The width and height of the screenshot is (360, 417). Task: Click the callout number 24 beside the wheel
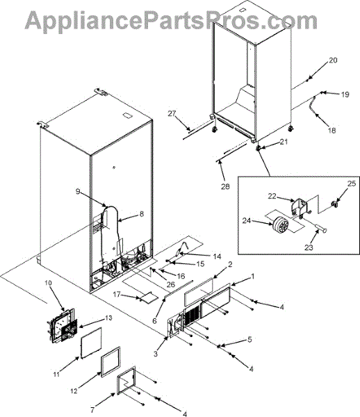pos(246,220)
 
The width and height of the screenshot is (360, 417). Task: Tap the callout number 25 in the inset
pos(352,183)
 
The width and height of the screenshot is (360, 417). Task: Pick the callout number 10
pos(48,283)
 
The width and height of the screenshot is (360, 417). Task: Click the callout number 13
pos(108,318)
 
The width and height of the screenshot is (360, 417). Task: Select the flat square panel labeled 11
pos(91,343)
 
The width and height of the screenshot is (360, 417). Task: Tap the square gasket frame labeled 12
pos(111,362)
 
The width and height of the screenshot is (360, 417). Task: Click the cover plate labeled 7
pos(126,381)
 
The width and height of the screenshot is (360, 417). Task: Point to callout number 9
pos(78,191)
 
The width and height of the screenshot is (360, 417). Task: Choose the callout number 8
pos(142,214)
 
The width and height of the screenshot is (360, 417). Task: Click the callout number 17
pos(117,295)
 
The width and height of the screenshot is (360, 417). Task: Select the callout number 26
pos(171,284)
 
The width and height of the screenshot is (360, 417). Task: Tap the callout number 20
pos(333,60)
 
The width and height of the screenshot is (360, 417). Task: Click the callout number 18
pos(332,131)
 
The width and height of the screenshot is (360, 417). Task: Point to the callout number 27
pos(172,113)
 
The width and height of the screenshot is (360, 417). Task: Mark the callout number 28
pos(225,187)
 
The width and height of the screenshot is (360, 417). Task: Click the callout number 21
pos(284,142)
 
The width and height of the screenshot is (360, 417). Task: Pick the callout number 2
pos(230,264)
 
